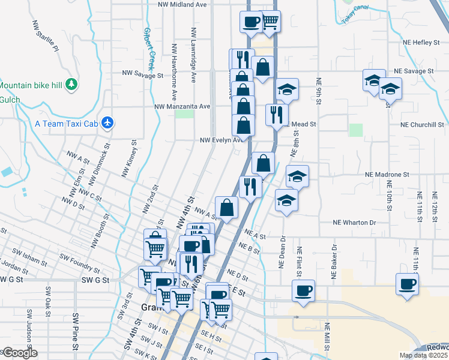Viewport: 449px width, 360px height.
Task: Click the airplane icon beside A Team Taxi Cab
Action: pos(107,122)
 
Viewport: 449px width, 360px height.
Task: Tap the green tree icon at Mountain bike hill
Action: pos(71,83)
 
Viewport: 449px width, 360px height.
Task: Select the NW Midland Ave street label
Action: pos(182,4)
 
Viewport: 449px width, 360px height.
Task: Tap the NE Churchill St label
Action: pos(427,125)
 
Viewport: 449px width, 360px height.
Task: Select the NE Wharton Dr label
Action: pos(354,223)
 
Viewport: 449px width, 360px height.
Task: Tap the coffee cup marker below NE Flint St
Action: pos(303,291)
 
